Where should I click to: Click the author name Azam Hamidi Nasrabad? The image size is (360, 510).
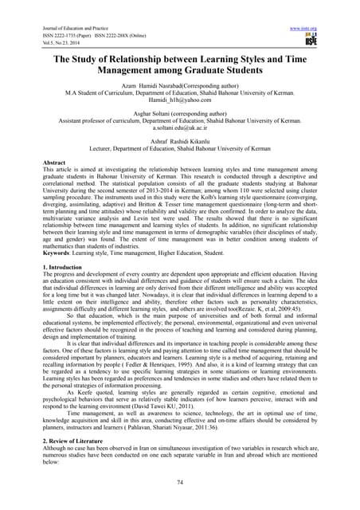point(147,96)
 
